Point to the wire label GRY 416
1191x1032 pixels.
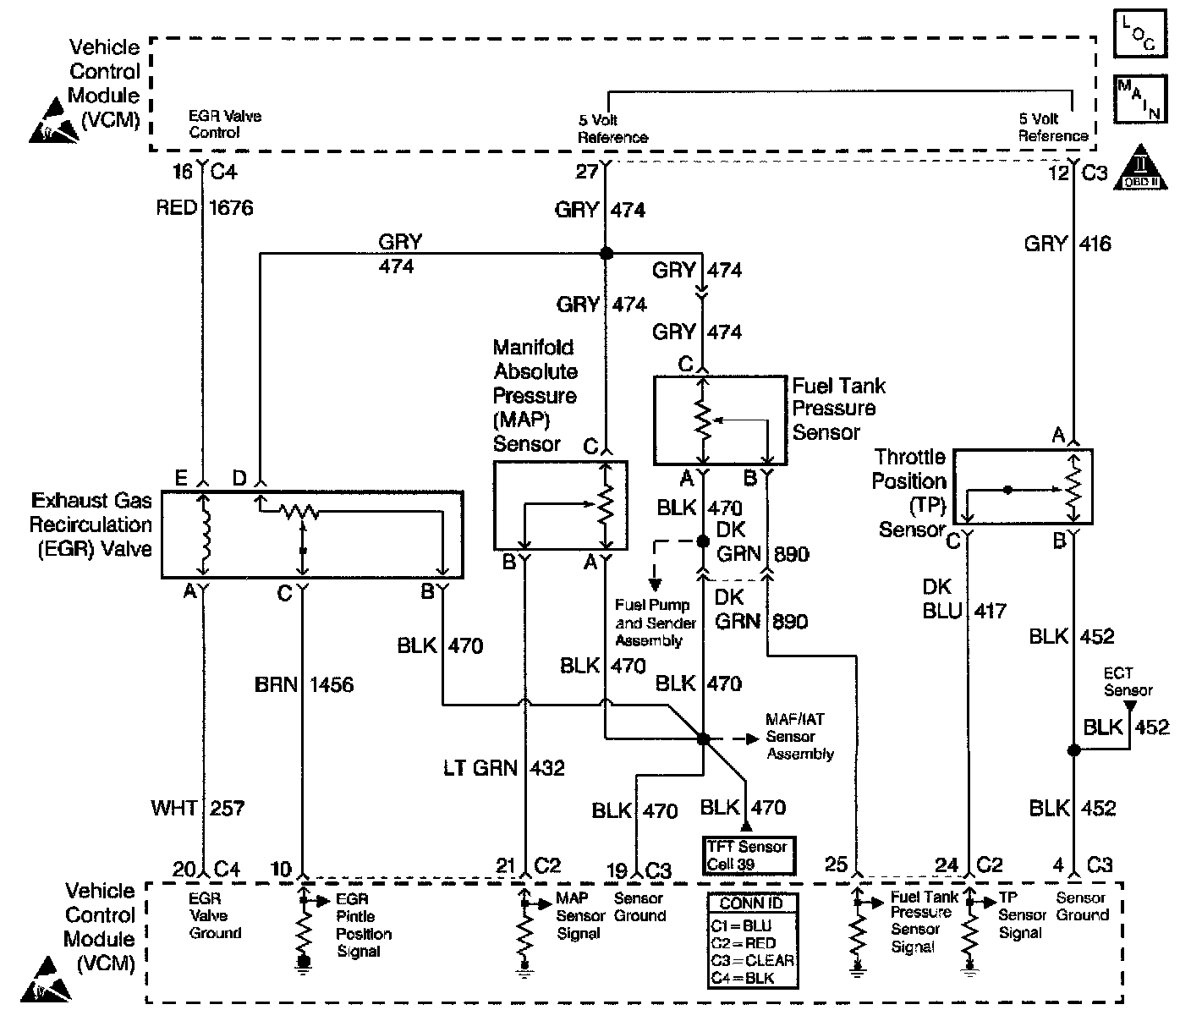pos(1068,244)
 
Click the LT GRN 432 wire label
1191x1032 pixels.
pos(503,767)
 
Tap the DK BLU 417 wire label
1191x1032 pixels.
pos(963,598)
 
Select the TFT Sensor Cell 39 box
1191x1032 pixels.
pos(749,855)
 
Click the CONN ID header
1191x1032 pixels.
pos(750,903)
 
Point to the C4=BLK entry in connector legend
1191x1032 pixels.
pos(743,979)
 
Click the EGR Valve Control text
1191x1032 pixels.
pos(224,124)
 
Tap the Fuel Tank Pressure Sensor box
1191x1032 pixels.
pos(721,420)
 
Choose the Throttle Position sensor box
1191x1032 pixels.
pos(1023,486)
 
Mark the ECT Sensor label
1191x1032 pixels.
pos(1128,682)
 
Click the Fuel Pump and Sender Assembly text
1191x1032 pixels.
pos(656,623)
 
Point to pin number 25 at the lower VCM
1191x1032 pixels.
pos(836,864)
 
